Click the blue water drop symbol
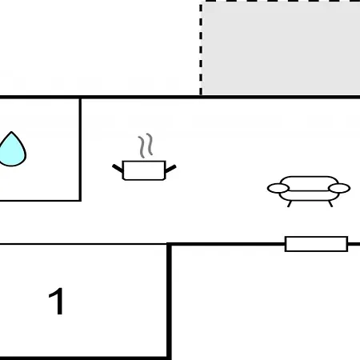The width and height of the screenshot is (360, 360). pyautogui.click(x=12, y=150)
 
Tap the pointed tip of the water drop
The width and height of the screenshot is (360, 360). pyautogui.click(x=11, y=132)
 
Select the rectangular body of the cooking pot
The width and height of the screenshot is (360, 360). pyautogui.click(x=144, y=170)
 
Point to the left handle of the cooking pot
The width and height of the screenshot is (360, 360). pyautogui.click(x=118, y=169)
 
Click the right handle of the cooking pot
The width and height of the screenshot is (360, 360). pyautogui.click(x=170, y=169)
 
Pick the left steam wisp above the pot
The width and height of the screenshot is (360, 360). pyautogui.click(x=142, y=146)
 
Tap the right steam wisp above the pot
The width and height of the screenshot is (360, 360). pyautogui.click(x=150, y=144)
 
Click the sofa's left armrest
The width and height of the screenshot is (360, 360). pyautogui.click(x=278, y=188)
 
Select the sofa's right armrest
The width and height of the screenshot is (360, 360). pyautogui.click(x=339, y=188)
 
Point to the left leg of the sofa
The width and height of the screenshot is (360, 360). pyautogui.click(x=290, y=204)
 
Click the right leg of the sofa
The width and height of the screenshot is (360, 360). pyautogui.click(x=330, y=204)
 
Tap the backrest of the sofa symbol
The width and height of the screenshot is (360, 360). pyautogui.click(x=309, y=180)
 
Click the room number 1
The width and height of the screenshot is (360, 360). pyautogui.click(x=56, y=302)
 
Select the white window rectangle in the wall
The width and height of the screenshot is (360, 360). pyautogui.click(x=316, y=244)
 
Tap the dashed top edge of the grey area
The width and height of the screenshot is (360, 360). pyautogui.click(x=280, y=2)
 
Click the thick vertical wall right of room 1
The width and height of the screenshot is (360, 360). pyautogui.click(x=169, y=301)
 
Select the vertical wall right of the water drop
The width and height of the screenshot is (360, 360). pyautogui.click(x=80, y=150)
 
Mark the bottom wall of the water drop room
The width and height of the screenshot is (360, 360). pyautogui.click(x=40, y=200)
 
